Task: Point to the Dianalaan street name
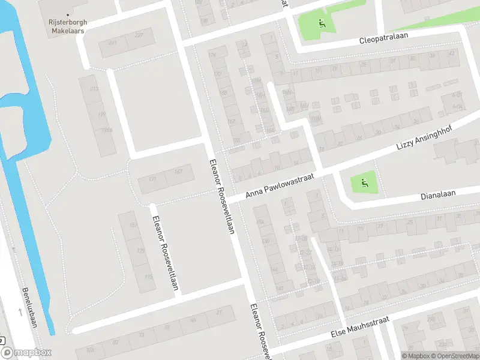(439, 194)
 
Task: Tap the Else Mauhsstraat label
(359, 329)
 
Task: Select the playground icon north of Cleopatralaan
(322, 25)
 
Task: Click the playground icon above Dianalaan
(363, 181)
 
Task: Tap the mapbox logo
(26, 353)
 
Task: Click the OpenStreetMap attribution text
(457, 356)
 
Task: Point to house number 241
(112, 43)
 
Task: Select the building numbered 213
(94, 89)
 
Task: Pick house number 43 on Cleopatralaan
(451, 54)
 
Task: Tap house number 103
(90, 350)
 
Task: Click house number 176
(211, 56)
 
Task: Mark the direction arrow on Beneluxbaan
(20, 311)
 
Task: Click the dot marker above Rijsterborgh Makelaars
(68, 14)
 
